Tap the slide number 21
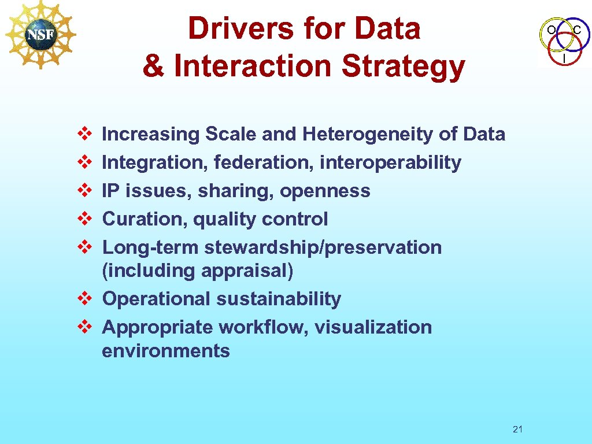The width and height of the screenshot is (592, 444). [517, 429]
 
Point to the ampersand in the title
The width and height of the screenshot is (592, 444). [153, 65]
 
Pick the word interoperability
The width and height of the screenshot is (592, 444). [390, 163]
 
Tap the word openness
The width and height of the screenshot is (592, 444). [325, 191]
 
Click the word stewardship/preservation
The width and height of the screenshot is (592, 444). [323, 247]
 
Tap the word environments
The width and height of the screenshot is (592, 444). [166, 351]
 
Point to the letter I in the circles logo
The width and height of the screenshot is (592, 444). [564, 59]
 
